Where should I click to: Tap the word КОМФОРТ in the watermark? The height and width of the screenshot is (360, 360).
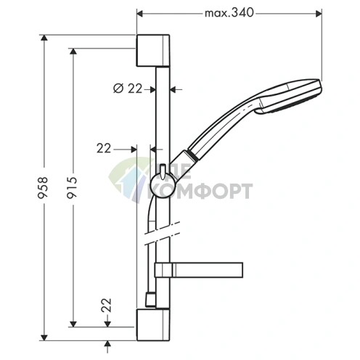click(211, 191)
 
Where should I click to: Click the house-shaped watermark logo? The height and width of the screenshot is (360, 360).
click(128, 180)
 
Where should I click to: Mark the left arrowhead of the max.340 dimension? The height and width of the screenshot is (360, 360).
click(139, 13)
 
